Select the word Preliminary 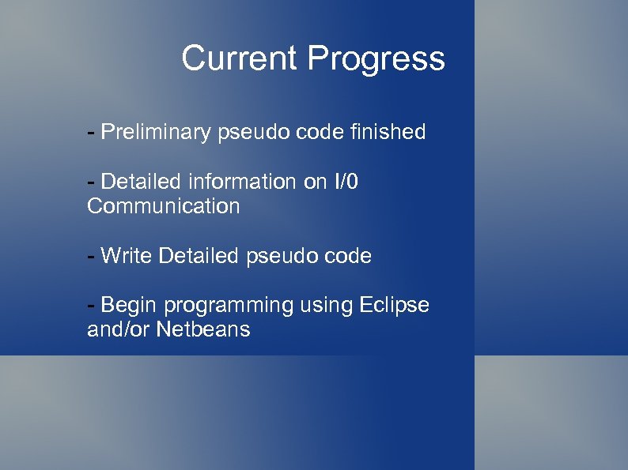[155, 132]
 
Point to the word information [241, 182]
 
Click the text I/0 [342, 182]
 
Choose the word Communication [164, 206]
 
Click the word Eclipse [394, 305]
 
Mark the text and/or [119, 329]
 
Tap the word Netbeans [203, 329]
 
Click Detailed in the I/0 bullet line [142, 182]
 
